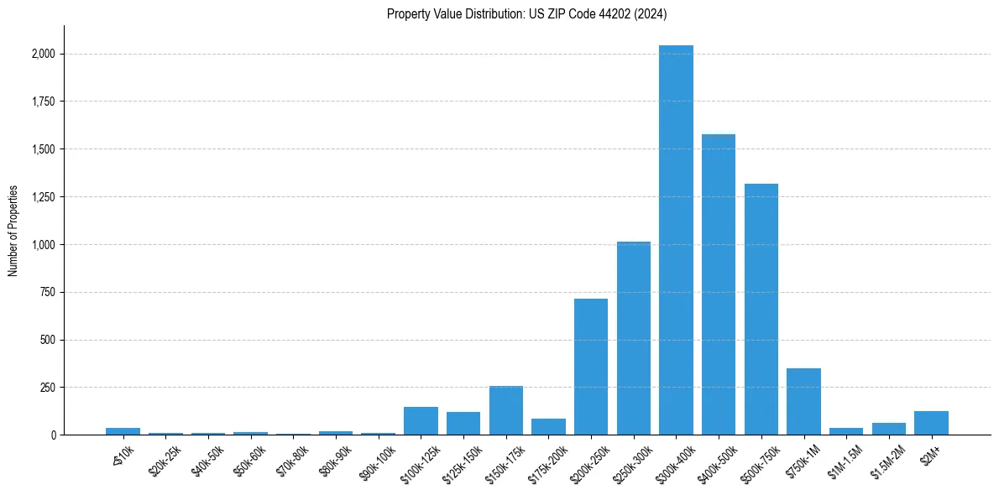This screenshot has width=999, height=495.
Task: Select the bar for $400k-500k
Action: (719, 284)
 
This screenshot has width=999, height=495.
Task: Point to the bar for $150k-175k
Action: (506, 410)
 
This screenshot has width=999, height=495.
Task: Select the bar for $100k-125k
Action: (421, 420)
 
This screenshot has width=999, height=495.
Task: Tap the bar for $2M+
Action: (931, 423)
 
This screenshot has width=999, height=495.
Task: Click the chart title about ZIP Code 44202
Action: (527, 13)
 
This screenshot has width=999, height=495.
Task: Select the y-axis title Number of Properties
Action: (13, 230)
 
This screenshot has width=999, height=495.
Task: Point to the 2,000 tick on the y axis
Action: (44, 54)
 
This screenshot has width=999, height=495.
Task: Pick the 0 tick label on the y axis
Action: (53, 435)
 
